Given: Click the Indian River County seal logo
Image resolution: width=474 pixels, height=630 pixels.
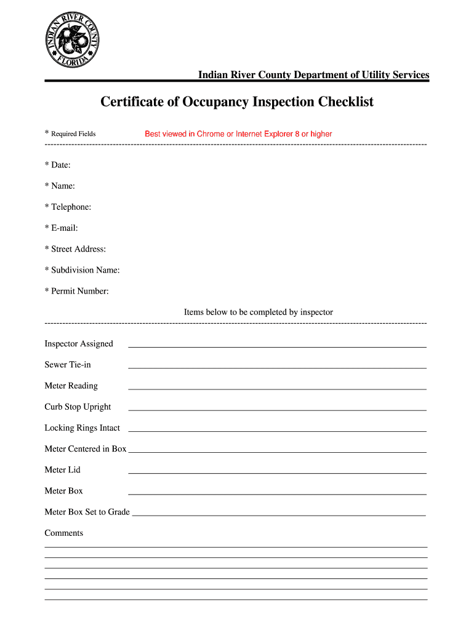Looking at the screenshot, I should point(74,40).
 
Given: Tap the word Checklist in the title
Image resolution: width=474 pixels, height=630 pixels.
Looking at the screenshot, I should point(345,102).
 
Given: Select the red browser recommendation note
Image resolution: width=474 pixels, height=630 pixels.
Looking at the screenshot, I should point(238,134).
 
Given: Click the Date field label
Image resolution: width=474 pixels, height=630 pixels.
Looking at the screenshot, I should point(58,165).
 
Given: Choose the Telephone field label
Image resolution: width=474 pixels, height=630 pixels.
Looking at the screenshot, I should point(68,207).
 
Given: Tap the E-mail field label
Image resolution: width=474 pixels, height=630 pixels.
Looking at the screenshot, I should point(62,228).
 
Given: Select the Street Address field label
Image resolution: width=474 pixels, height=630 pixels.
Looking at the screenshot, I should point(76,249).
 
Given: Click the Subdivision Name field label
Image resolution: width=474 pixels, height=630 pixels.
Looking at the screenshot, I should point(82,270).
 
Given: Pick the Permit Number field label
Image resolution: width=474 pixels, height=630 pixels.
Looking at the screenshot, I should point(77,291).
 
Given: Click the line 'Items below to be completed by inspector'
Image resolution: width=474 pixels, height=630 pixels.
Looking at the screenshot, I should point(259,313).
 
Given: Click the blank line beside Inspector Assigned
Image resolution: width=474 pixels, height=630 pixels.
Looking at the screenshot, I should point(277,346).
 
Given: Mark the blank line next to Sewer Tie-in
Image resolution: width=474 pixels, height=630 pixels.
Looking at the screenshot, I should point(277,367).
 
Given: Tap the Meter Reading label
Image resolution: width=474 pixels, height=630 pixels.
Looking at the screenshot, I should point(71,386).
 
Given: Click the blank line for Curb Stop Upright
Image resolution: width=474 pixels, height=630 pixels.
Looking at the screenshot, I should point(277,409).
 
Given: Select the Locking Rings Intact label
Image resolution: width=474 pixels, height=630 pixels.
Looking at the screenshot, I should point(82,428).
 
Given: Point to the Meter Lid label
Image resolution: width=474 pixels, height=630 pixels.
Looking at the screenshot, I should point(63,470).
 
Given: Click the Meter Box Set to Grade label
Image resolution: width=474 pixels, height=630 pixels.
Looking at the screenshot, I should point(87,512).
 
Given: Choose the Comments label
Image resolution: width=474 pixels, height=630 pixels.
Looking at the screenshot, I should point(64,533).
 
